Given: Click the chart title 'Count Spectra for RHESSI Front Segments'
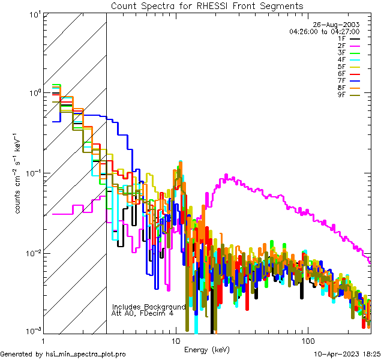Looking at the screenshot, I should pos(207,5).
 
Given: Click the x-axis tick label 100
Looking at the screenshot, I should pos(307,340).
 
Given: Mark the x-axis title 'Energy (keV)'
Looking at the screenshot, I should pos(207,349).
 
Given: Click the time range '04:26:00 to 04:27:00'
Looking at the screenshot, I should pos(324,31).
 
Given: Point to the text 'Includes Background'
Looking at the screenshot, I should pos(149,307).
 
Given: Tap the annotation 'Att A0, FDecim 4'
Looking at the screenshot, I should pos(143,313).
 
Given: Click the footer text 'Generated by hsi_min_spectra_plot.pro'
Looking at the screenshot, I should pos(63,354).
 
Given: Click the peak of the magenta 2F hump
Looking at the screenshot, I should pos(226,175).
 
